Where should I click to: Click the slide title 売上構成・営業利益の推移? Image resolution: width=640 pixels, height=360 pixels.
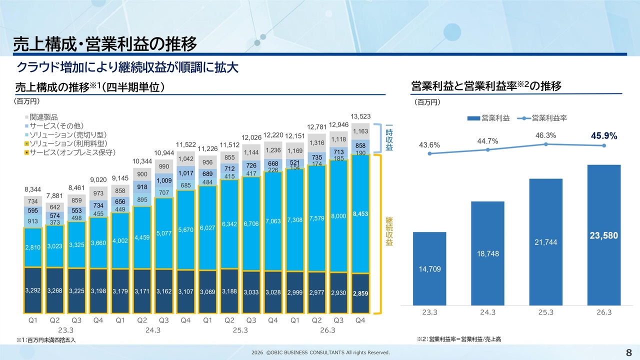pyautogui.click(x=104, y=44)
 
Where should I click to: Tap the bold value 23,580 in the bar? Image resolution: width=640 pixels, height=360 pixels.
pyautogui.click(x=604, y=235)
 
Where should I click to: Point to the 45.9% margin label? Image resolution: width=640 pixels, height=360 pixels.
pyautogui.click(x=604, y=135)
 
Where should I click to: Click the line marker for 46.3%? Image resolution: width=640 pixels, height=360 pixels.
pyautogui.click(x=546, y=144)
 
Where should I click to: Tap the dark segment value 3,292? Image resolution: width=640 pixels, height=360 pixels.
pyautogui.click(x=33, y=290)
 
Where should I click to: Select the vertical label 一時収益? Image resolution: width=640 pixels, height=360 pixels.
pyautogui.click(x=388, y=137)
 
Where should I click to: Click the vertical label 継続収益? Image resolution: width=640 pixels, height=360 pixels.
pyautogui.click(x=388, y=231)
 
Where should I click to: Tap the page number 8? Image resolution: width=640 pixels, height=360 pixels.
pyautogui.click(x=628, y=352)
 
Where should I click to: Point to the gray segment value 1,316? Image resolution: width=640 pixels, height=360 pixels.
pyautogui.click(x=316, y=143)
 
